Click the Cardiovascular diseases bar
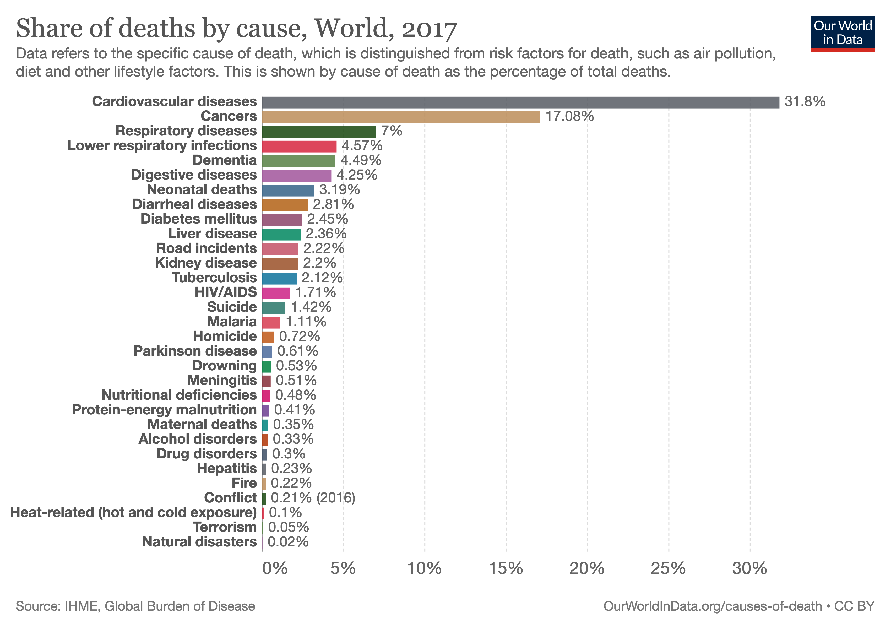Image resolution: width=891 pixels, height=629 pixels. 520,102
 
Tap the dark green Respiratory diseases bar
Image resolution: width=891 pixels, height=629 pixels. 319,132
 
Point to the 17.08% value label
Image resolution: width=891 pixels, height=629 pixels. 569,116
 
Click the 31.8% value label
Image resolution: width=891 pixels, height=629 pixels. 805,102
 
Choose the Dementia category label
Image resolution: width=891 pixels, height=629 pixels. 224,160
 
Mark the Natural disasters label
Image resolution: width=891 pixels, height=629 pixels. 199,542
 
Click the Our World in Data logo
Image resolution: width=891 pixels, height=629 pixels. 843,33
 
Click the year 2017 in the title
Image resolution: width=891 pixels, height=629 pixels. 429,29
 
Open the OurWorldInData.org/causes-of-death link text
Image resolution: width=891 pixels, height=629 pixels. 713,606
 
